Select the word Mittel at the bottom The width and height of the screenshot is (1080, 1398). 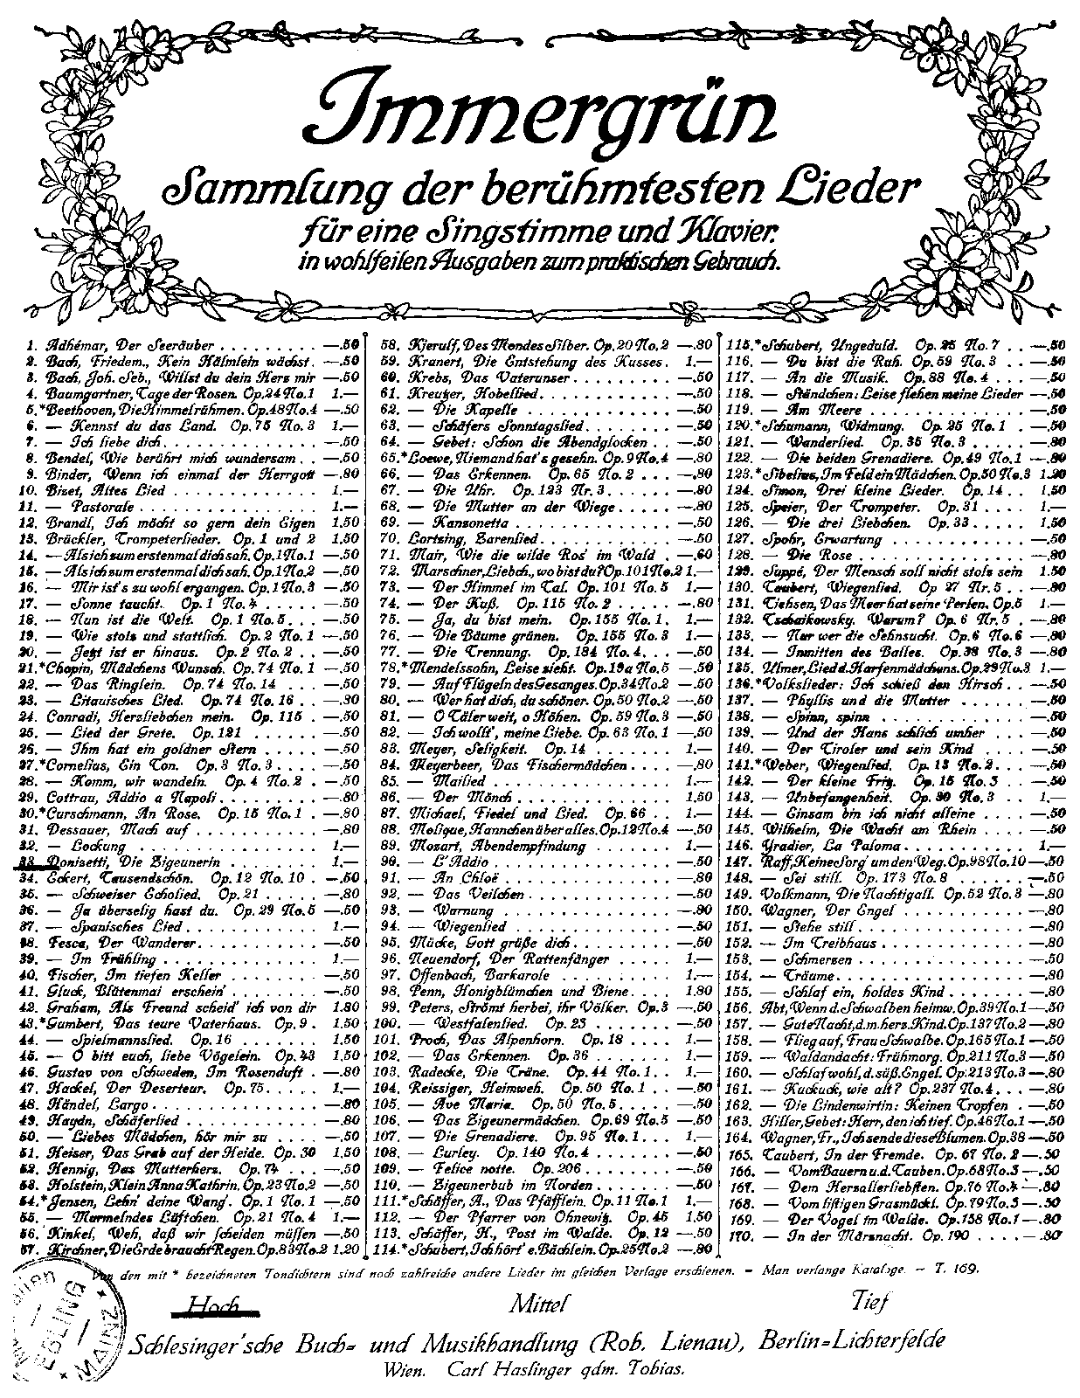tap(539, 1305)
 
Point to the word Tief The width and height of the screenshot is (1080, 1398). tap(869, 1302)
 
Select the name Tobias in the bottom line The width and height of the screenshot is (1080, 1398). tap(654, 1370)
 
